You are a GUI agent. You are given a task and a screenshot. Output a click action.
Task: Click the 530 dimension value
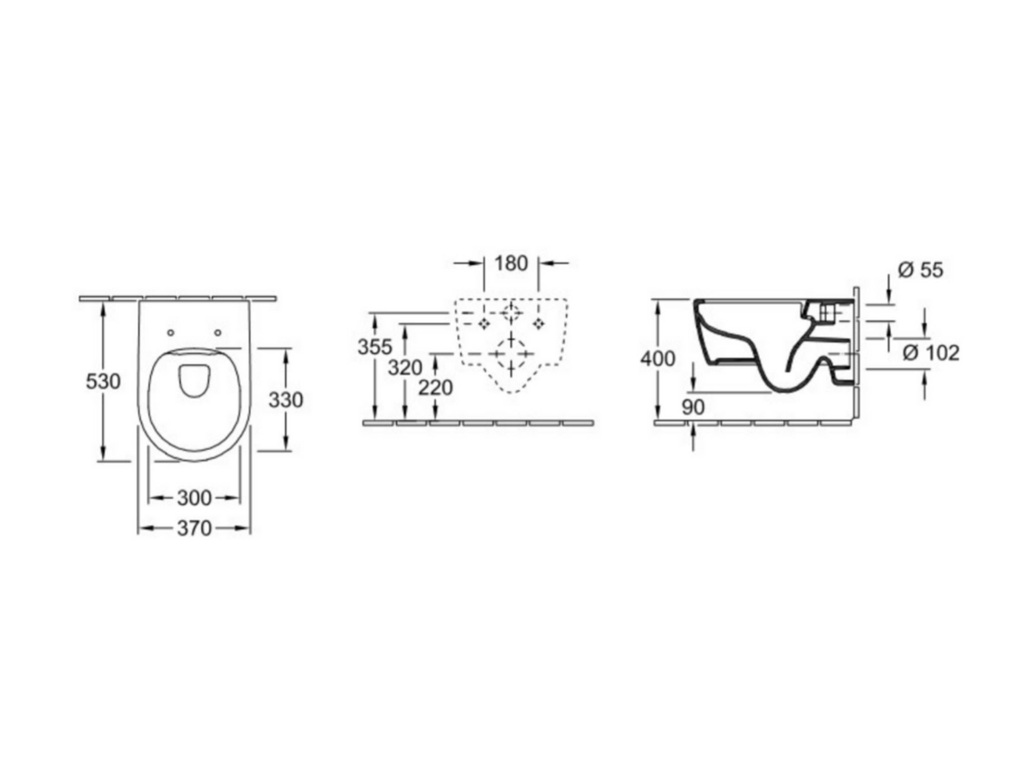tap(103, 381)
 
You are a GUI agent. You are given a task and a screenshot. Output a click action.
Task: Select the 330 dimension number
tap(286, 400)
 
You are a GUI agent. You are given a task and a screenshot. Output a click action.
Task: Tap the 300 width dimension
tap(194, 498)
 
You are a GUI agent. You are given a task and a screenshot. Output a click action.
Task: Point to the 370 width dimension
tap(194, 528)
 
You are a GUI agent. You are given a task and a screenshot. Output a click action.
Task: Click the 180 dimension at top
tap(511, 264)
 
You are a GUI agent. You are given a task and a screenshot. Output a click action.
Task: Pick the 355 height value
tap(375, 347)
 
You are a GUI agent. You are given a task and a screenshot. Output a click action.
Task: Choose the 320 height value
tap(405, 368)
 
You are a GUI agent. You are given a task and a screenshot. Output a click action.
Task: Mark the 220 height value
tap(436, 388)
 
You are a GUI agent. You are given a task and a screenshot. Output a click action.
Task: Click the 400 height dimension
tap(658, 359)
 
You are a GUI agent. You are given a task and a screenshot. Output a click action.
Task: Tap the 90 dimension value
tap(694, 408)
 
